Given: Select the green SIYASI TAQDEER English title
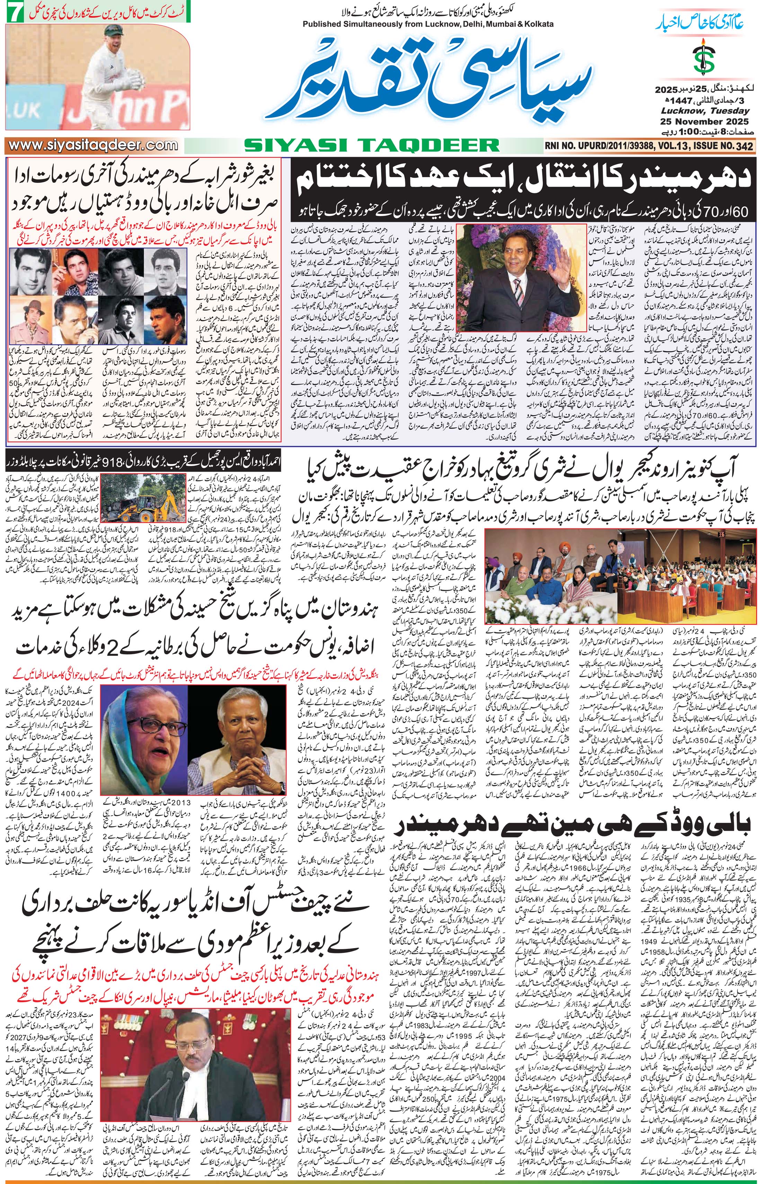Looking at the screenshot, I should (x=371, y=145).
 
